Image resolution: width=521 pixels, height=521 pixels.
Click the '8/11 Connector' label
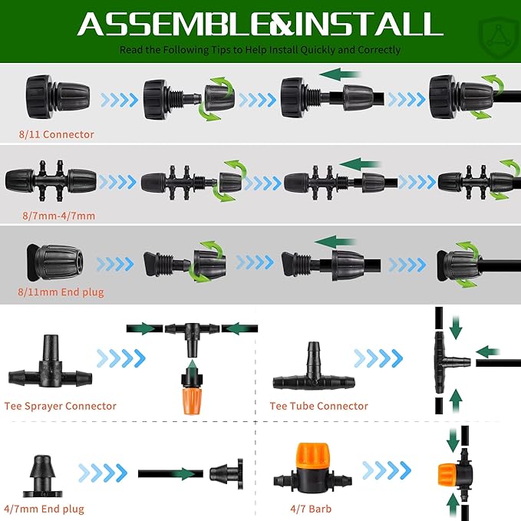click(57, 134)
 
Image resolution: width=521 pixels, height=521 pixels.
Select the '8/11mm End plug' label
click(61, 292)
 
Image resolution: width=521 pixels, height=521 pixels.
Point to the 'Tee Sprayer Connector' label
click(60, 406)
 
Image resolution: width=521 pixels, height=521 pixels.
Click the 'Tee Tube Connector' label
click(318, 406)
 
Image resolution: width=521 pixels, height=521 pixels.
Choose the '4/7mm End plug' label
click(44, 509)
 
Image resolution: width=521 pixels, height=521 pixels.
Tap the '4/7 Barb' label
click(310, 509)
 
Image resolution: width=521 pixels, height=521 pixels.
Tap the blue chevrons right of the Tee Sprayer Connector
click(121, 357)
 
